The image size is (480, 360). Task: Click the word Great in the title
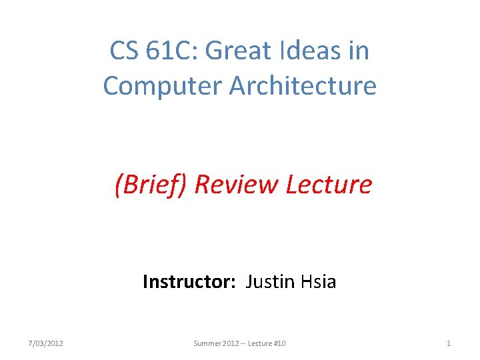click(247, 51)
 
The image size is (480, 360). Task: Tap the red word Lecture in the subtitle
click(329, 185)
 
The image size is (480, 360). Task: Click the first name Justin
click(269, 282)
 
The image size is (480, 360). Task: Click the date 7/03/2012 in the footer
click(46, 343)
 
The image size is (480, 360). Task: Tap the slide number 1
click(449, 343)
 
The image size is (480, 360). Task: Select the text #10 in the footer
click(280, 343)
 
